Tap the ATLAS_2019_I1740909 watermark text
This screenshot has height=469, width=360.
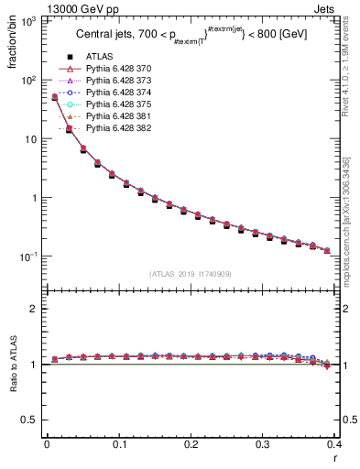coord(190,274)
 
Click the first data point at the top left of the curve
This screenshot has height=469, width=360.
coord(54,96)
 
